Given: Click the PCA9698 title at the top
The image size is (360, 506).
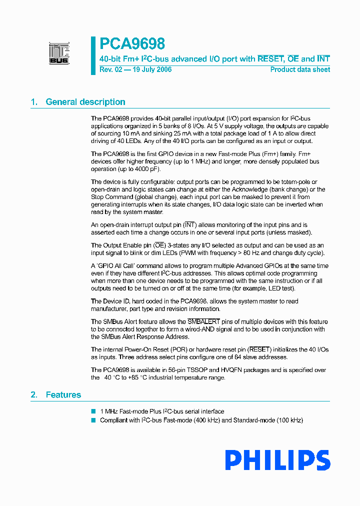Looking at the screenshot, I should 132,44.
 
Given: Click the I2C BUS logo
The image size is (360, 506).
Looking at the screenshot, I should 59,53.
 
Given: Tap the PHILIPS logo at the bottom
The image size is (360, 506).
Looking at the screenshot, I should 277,460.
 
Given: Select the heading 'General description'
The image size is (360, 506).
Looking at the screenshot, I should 85,102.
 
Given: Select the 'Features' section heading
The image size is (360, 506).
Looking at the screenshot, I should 63,395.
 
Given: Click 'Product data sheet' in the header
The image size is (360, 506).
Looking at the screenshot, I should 300,69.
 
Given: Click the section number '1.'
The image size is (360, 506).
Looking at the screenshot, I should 34,102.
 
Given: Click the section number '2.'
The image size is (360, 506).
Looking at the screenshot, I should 34,395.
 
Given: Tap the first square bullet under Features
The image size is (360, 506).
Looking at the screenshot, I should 93,411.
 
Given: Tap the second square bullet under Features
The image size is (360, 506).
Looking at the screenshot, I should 93,420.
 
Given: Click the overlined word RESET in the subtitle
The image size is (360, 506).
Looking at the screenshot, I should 270,59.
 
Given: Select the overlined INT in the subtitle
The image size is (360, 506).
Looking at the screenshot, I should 323,59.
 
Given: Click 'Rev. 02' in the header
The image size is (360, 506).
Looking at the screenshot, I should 110,69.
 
